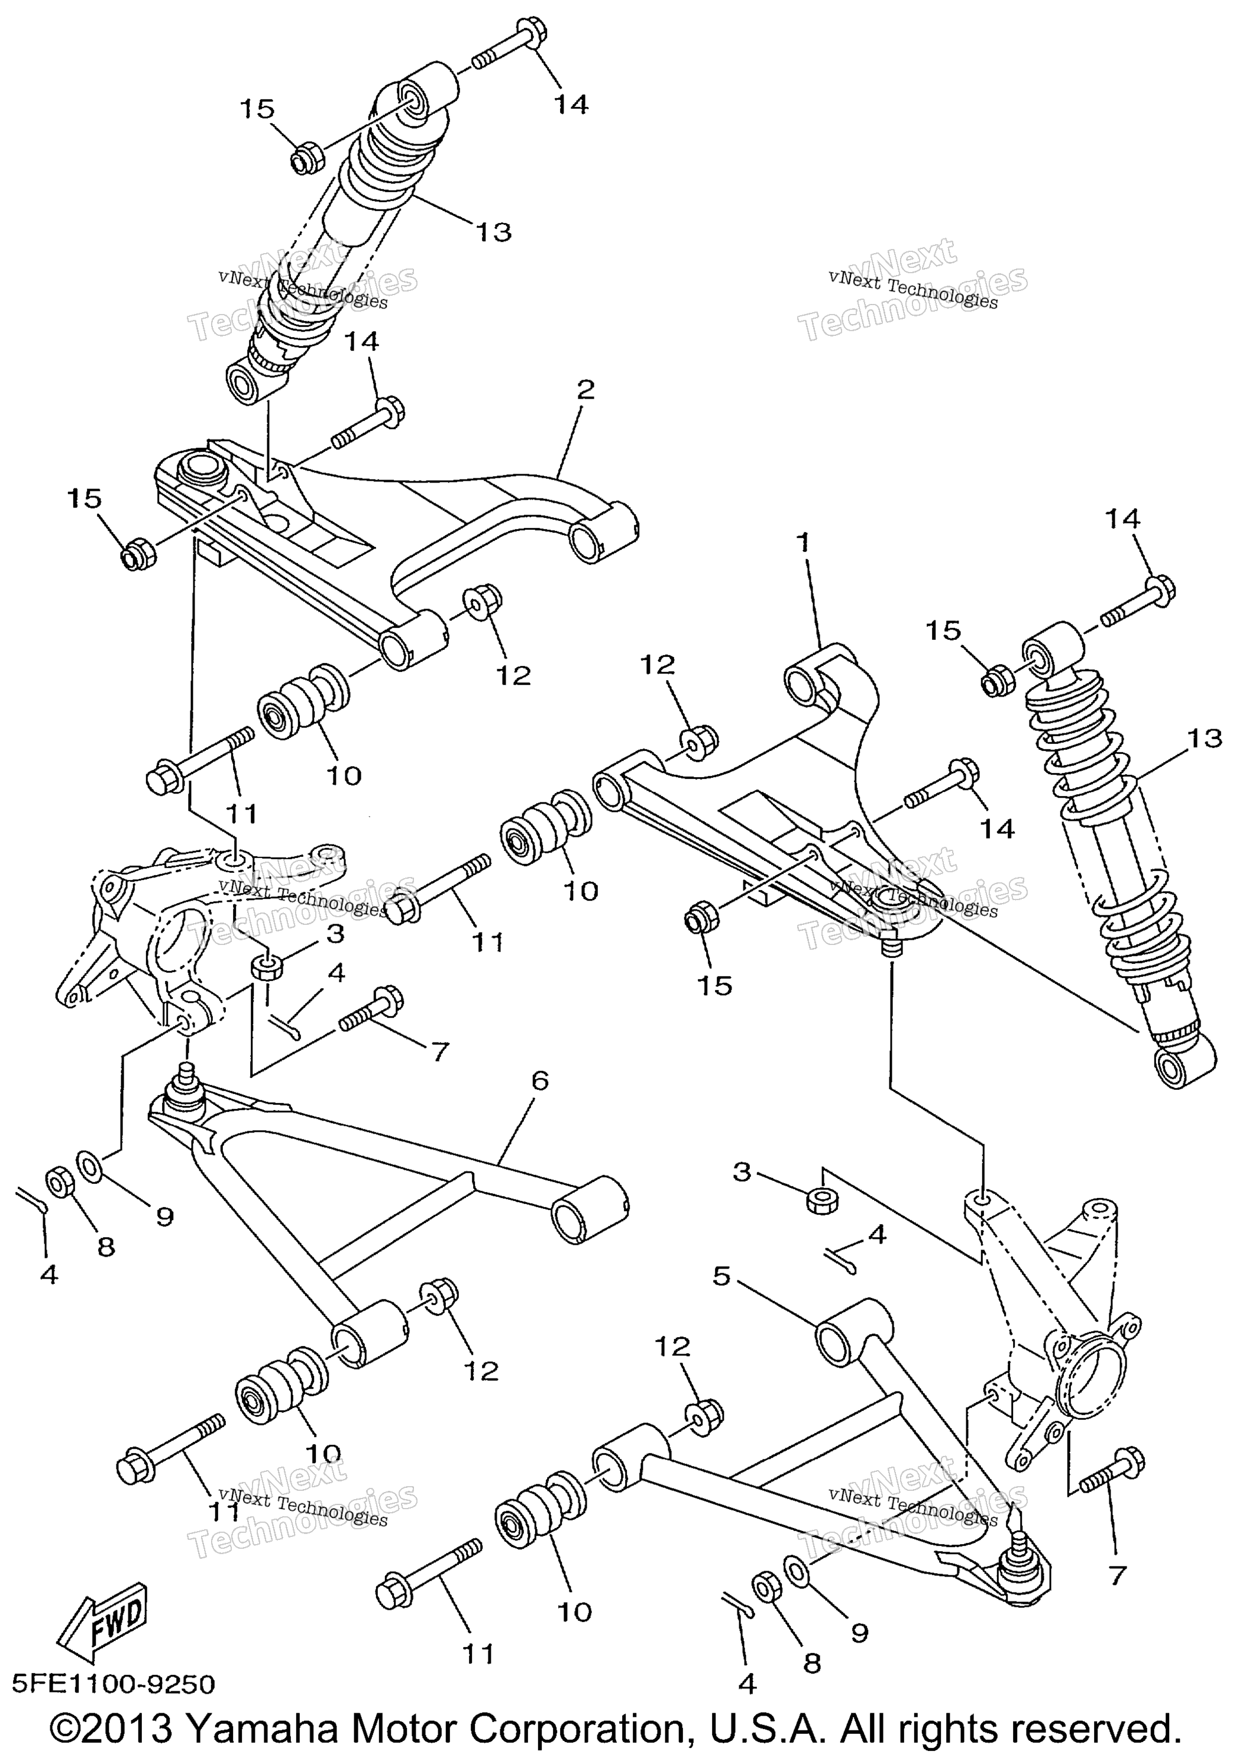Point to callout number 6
pyautogui.click(x=539, y=1080)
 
